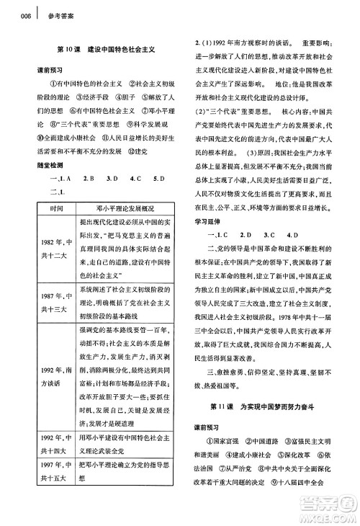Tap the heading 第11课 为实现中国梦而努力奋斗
[268, 427]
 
